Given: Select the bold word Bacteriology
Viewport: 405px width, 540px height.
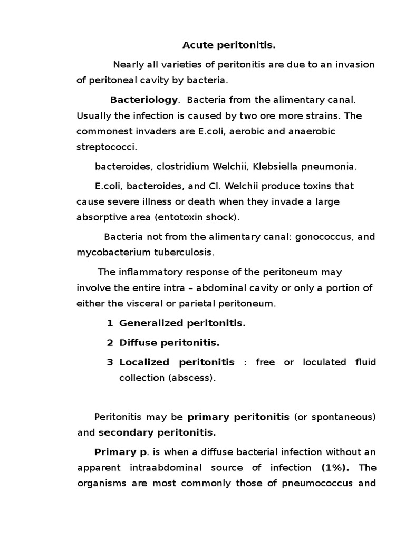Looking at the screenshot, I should click(x=144, y=100).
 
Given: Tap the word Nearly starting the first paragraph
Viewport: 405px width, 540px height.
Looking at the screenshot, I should click(x=127, y=64).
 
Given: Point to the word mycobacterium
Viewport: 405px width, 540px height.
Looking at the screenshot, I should click(x=109, y=252).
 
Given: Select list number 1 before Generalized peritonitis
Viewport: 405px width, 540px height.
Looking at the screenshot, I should click(x=110, y=323).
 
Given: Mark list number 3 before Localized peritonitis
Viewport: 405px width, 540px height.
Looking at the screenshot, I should click(x=110, y=362).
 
